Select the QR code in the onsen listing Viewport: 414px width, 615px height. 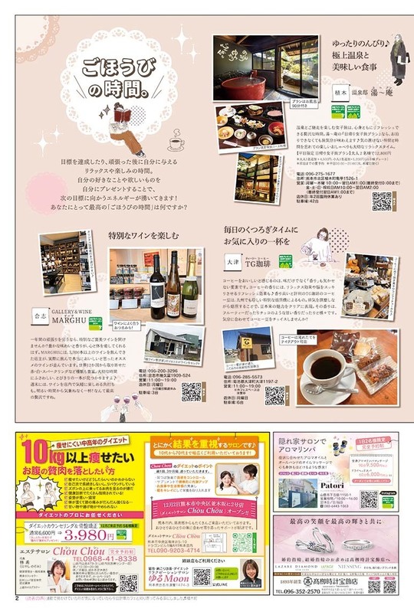click(381, 201)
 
